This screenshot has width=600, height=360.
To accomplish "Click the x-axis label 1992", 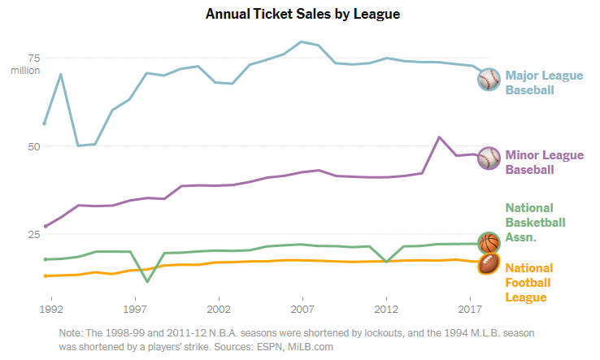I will pyautogui.click(x=52, y=310).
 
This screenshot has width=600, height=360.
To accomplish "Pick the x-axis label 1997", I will pyautogui.click(x=136, y=310).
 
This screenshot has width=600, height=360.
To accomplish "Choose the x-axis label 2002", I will pyautogui.click(x=220, y=310).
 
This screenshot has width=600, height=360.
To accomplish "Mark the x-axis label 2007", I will pyautogui.click(x=303, y=310).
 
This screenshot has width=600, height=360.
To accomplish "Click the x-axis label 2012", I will pyautogui.click(x=387, y=310).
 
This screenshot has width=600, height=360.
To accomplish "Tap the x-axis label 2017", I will pyautogui.click(x=471, y=310).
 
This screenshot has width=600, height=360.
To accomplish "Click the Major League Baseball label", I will pyautogui.click(x=544, y=82).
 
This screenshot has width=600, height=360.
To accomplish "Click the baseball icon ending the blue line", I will pyautogui.click(x=489, y=79).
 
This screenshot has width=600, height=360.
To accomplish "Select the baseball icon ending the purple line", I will pyautogui.click(x=489, y=158).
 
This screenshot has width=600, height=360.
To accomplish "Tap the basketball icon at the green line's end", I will pyautogui.click(x=489, y=243).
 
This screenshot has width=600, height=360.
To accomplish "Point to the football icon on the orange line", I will pyautogui.click(x=489, y=263).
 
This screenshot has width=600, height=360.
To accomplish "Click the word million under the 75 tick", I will pyautogui.click(x=26, y=71).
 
